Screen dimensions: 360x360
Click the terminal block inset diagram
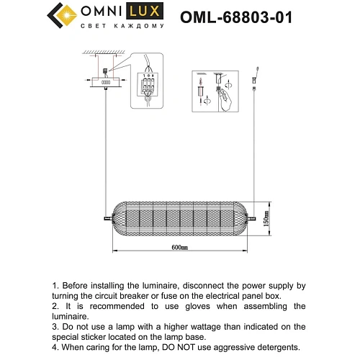149,86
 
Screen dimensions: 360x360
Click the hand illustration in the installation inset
225,96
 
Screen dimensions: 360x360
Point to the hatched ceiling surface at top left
99,53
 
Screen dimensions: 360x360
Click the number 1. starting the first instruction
58,286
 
